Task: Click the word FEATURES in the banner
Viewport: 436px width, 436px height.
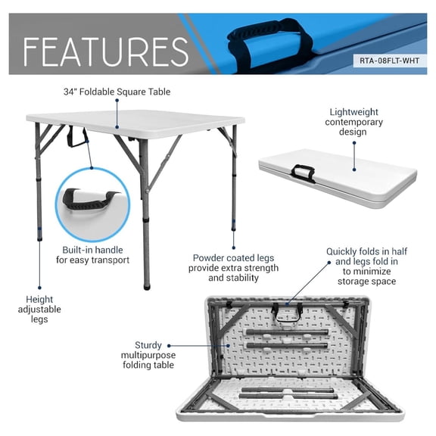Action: click(x=106, y=52)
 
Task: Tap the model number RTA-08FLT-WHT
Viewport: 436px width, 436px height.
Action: click(x=389, y=61)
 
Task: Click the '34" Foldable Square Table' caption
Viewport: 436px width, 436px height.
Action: click(x=117, y=92)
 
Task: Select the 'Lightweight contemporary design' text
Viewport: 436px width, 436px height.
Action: click(x=353, y=122)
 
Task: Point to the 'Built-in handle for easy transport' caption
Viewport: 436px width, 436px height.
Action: click(x=92, y=254)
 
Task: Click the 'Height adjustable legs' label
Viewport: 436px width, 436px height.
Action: click(x=39, y=309)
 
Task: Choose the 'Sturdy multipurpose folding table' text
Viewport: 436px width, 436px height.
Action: click(x=148, y=355)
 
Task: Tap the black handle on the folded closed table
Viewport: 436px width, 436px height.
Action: click(x=304, y=173)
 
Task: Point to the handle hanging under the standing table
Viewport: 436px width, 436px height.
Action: click(x=77, y=137)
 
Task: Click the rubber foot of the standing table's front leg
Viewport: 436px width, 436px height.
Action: click(x=147, y=287)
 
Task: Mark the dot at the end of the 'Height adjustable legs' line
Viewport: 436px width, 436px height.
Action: click(x=39, y=288)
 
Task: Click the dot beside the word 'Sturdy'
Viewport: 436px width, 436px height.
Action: click(x=169, y=346)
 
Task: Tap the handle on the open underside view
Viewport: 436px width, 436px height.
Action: click(x=286, y=313)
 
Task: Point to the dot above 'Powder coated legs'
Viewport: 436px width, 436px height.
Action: click(x=234, y=248)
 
